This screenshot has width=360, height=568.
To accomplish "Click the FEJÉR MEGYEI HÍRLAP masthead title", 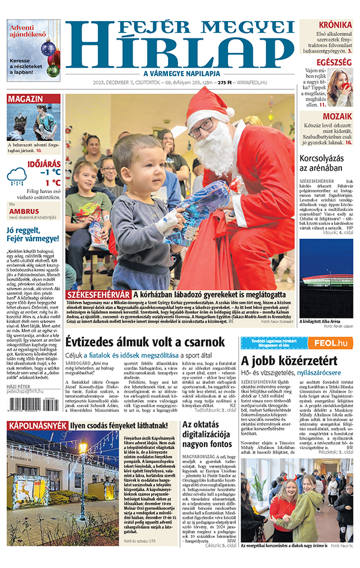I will pos(180,45).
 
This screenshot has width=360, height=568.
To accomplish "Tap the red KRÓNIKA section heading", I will pos(335,25).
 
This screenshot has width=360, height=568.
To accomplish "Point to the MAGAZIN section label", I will pos(25,99).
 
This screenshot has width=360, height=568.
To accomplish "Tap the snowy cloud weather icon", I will pos(16,176).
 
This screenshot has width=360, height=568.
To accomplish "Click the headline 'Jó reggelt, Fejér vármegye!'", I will pos(32,233).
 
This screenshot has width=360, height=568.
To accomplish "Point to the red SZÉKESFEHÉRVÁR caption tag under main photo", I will pos(98,295).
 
